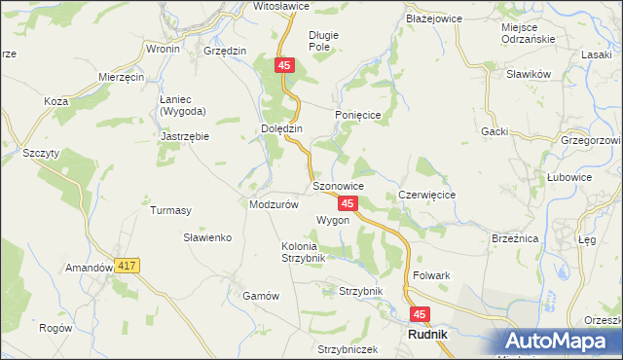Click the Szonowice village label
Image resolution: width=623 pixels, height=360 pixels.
pos(338,185)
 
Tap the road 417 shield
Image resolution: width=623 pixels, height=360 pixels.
pos(127,265)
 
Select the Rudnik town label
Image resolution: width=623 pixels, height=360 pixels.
pos(425,336)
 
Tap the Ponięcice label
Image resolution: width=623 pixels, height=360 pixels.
pos(362,115)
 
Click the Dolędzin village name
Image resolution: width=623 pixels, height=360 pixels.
pos(282,128)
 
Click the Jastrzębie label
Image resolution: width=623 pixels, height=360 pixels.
pos(185,137)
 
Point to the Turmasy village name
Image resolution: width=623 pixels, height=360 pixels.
pos(170,209)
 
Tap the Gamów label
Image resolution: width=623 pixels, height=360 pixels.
pos(261,296)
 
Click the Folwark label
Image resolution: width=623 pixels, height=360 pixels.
pos(431,275)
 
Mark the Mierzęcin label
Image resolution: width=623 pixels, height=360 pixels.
pos(122,76)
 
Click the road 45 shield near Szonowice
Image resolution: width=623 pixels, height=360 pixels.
pos(348,203)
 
